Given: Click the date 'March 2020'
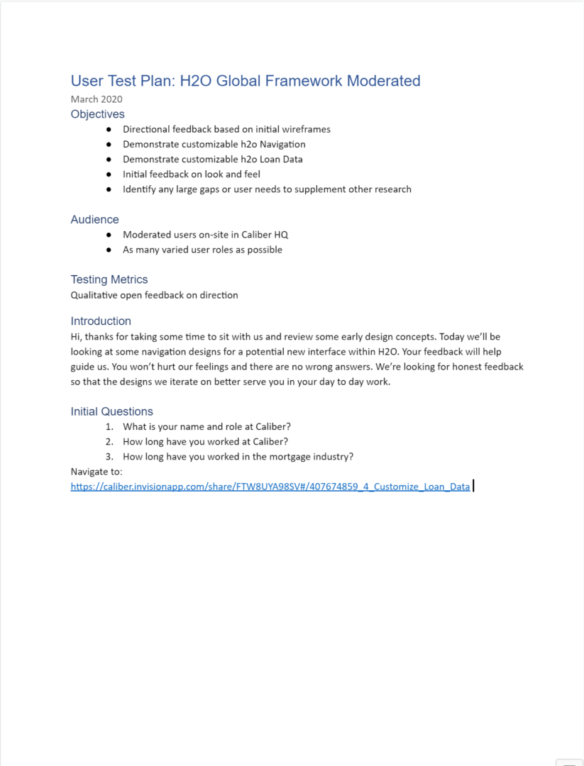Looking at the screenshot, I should click(x=97, y=99).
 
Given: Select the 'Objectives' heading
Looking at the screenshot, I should click(x=97, y=114).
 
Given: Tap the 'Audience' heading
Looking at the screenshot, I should click(x=94, y=220).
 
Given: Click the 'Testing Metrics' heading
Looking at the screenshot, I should click(x=109, y=279).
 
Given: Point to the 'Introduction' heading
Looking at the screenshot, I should click(x=101, y=321).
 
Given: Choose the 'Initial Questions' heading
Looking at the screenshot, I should click(x=111, y=411).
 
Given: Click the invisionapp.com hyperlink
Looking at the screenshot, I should click(x=270, y=487).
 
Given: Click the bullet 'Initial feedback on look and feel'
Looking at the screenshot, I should click(x=192, y=174).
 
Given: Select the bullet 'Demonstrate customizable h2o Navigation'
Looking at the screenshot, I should click(x=214, y=145).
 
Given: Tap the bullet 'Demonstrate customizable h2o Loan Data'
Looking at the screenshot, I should click(x=212, y=160).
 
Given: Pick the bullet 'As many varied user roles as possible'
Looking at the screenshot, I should click(x=202, y=250).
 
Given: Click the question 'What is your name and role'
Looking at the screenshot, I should click(x=206, y=427).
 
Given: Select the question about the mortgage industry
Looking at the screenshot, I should click(x=238, y=457).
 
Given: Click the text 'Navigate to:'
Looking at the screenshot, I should click(x=97, y=472).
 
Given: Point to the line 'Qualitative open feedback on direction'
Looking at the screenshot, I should click(x=154, y=295).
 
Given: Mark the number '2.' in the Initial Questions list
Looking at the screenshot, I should click(x=109, y=442).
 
